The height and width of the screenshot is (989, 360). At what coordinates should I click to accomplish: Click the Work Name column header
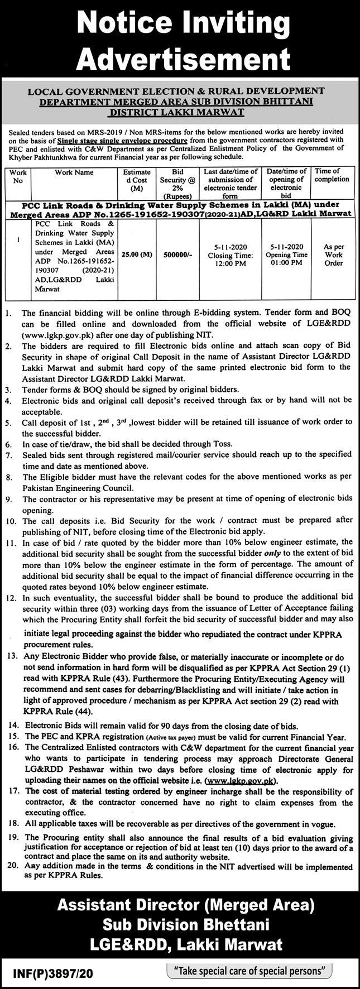74,172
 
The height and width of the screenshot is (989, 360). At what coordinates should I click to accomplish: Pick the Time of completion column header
332,175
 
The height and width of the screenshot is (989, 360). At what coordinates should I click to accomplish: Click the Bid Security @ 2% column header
177,184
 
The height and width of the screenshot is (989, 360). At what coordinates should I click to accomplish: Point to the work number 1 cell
18,240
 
